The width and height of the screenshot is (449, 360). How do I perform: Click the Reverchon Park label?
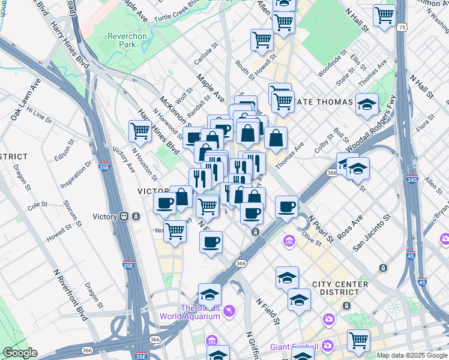(x=127, y=40)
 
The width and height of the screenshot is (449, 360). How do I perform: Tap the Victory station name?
(x=106, y=217)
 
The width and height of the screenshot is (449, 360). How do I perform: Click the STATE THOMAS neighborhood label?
(x=324, y=102)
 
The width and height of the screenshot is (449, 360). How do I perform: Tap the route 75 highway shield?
(x=402, y=28)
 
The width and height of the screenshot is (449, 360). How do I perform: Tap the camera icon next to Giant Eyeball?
(x=328, y=346)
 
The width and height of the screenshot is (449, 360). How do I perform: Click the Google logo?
(x=20, y=353)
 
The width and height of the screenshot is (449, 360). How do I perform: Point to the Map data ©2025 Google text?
(x=412, y=355)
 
